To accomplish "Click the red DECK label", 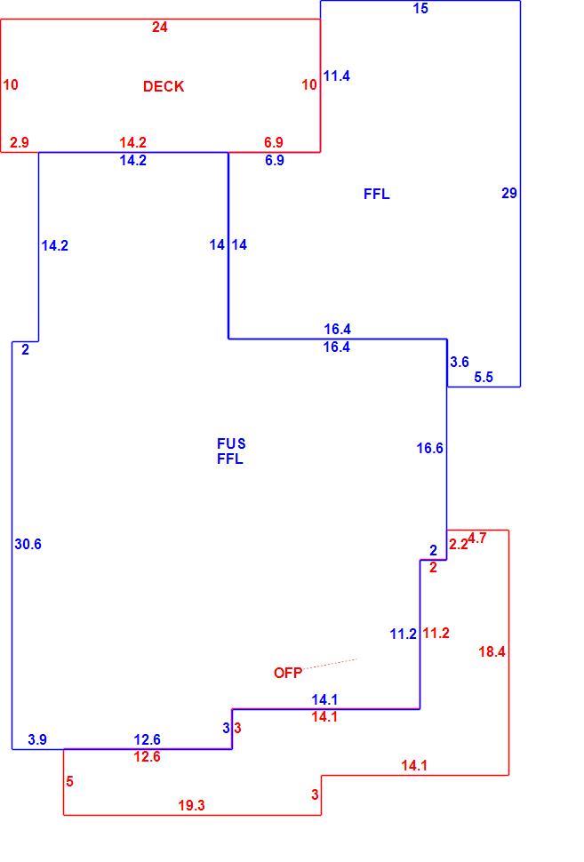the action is pos(164,86).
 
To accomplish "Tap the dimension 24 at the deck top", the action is pos(159,27).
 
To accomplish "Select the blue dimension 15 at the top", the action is pos(420,8).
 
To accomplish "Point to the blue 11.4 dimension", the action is pos(337,76).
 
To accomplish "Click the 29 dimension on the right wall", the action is pos(509,193).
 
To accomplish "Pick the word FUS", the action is pos(231,443).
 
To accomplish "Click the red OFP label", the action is pos(288,673).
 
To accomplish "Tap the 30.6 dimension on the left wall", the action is pos(28,544).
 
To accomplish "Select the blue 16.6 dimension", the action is pos(429,448).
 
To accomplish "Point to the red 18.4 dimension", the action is pos(492,651).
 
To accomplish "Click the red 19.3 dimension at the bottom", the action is pos(191,805).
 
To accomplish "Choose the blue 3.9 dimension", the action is pos(37,740).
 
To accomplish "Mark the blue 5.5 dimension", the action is pos(484,377).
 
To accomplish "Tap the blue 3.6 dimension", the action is pos(460,362).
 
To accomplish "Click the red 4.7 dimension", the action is pos(477,538).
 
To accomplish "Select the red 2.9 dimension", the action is pos(20,142).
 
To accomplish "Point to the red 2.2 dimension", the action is pos(458,544).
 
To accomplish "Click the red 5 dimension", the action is pos(69,781).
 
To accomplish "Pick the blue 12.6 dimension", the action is pos(147,739).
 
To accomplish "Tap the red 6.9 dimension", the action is pos(274,142).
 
